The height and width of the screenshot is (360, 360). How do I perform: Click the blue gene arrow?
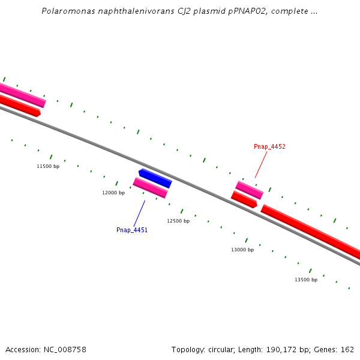tap(155, 178)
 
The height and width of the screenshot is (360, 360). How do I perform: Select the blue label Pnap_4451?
tap(132, 230)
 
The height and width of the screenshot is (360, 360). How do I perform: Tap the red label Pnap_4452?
tap(269, 146)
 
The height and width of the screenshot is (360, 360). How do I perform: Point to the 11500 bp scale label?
tap(48, 166)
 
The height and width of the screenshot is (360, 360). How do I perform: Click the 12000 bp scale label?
tap(113, 193)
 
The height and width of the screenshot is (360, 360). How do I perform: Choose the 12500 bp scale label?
tap(178, 221)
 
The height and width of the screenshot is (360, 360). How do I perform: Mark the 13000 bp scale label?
tap(242, 250)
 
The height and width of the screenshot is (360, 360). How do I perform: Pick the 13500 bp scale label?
tap(306, 280)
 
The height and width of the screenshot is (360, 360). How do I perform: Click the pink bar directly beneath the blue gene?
tap(150, 187)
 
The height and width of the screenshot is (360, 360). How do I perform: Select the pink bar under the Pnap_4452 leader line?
tap(250, 190)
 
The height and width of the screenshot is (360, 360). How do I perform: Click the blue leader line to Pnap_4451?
tap(139, 213)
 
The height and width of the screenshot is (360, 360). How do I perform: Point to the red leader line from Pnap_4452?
tap(261, 164)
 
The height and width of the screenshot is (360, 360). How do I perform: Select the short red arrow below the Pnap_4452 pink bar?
tap(244, 199)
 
